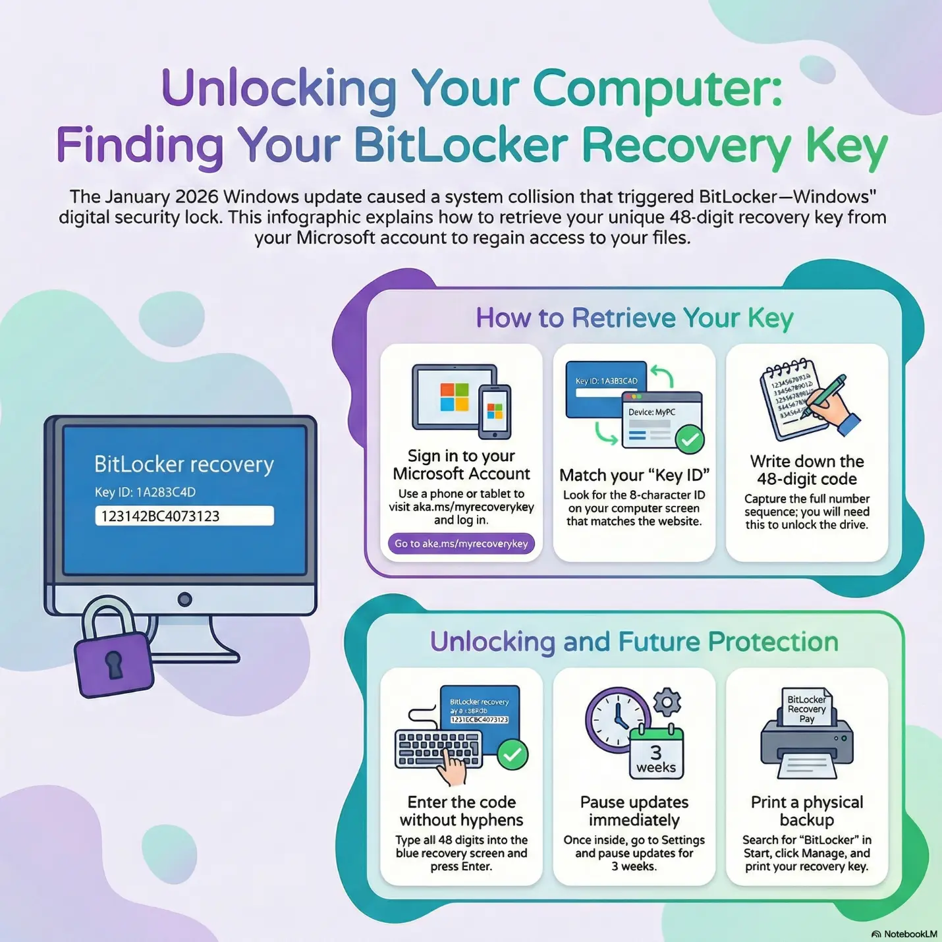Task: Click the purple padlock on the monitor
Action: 113,662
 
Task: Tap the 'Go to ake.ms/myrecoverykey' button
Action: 461,544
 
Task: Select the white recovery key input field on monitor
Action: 184,516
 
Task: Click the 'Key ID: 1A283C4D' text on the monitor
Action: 145,492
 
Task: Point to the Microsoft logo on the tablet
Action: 454,397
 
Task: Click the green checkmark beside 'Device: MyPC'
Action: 690,439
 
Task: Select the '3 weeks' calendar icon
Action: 656,754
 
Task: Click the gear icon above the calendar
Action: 667,702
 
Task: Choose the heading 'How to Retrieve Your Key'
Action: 634,318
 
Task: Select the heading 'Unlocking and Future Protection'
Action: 634,642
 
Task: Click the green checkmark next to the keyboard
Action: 512,754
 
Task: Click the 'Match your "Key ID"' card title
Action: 634,475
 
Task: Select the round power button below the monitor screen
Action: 185,599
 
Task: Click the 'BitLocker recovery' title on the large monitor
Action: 184,464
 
